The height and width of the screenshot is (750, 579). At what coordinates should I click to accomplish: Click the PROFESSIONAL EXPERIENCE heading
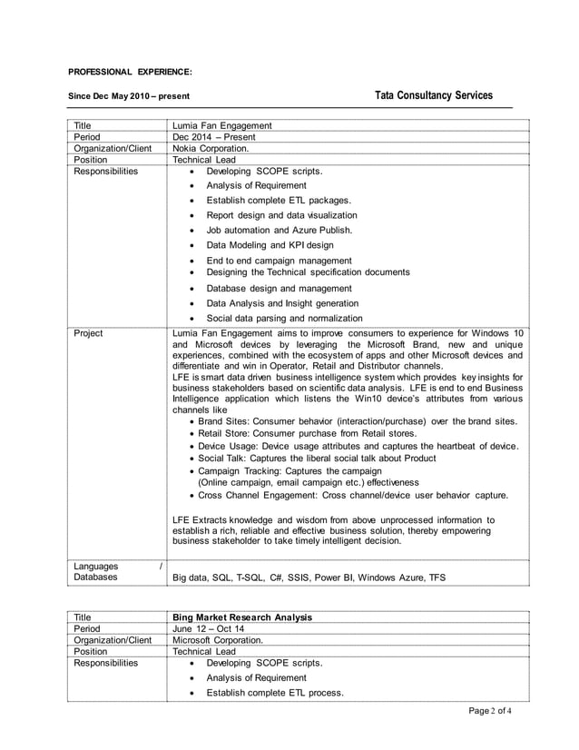coord(130,71)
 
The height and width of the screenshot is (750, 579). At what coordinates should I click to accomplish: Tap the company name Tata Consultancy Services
coord(433,95)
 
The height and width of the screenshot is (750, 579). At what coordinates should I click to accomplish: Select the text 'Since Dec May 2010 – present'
coord(130,96)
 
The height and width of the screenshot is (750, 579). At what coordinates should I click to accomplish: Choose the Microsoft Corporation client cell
coord(217,639)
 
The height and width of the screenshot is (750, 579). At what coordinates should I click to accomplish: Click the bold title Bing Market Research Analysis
coord(242,617)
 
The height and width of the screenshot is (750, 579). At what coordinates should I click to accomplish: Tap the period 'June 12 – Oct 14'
coord(208,628)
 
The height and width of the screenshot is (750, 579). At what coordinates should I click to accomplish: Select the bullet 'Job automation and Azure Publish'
coord(279,230)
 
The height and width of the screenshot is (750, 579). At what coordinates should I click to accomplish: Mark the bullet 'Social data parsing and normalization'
coord(284,318)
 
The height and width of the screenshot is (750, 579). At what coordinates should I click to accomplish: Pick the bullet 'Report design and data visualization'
coord(281,215)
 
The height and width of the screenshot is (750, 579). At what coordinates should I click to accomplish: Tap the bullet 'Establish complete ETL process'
coord(274,693)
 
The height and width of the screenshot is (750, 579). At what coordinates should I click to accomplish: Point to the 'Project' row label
coord(89,332)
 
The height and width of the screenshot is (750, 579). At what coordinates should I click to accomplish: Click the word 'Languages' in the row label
coord(96,565)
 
